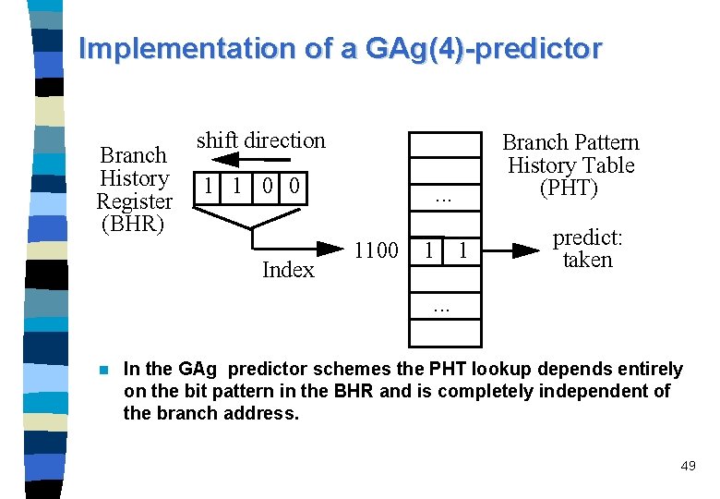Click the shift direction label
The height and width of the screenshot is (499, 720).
(261, 140)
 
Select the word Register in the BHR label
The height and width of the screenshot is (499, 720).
(134, 201)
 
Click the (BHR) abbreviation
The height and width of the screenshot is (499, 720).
(134, 224)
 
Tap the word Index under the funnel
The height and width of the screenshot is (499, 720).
(288, 270)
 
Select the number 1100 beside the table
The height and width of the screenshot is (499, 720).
(376, 250)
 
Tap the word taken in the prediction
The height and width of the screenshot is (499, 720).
(587, 261)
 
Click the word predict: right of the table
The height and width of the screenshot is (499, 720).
(587, 238)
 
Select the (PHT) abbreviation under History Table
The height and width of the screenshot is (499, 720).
(570, 189)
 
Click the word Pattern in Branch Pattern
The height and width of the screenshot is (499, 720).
(604, 142)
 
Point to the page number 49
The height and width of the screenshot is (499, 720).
(688, 467)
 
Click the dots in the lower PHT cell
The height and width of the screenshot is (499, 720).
(444, 306)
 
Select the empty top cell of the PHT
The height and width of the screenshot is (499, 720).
(444, 146)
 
